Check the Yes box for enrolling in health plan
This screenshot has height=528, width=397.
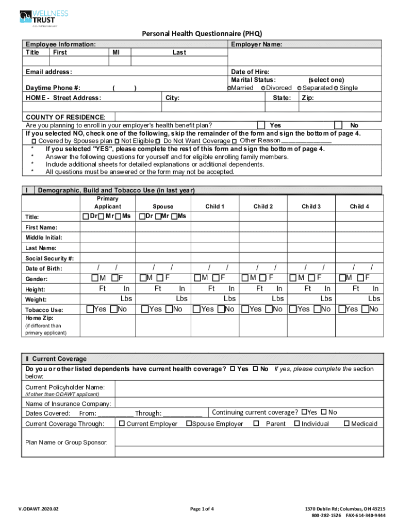point(261,125)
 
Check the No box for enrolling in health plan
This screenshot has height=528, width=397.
point(338,125)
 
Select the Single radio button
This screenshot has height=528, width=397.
point(336,88)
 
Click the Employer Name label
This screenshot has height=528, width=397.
point(256,45)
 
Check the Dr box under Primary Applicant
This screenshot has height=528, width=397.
point(86,216)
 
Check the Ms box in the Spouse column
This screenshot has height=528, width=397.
point(175,216)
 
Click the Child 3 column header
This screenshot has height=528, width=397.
point(311,206)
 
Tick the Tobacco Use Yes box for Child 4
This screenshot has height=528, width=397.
point(341,309)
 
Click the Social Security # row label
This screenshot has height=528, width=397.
point(49,258)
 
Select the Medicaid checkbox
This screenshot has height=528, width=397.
point(346,424)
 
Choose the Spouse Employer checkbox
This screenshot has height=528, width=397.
point(189,424)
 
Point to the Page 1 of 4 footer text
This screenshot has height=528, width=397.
point(202,508)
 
